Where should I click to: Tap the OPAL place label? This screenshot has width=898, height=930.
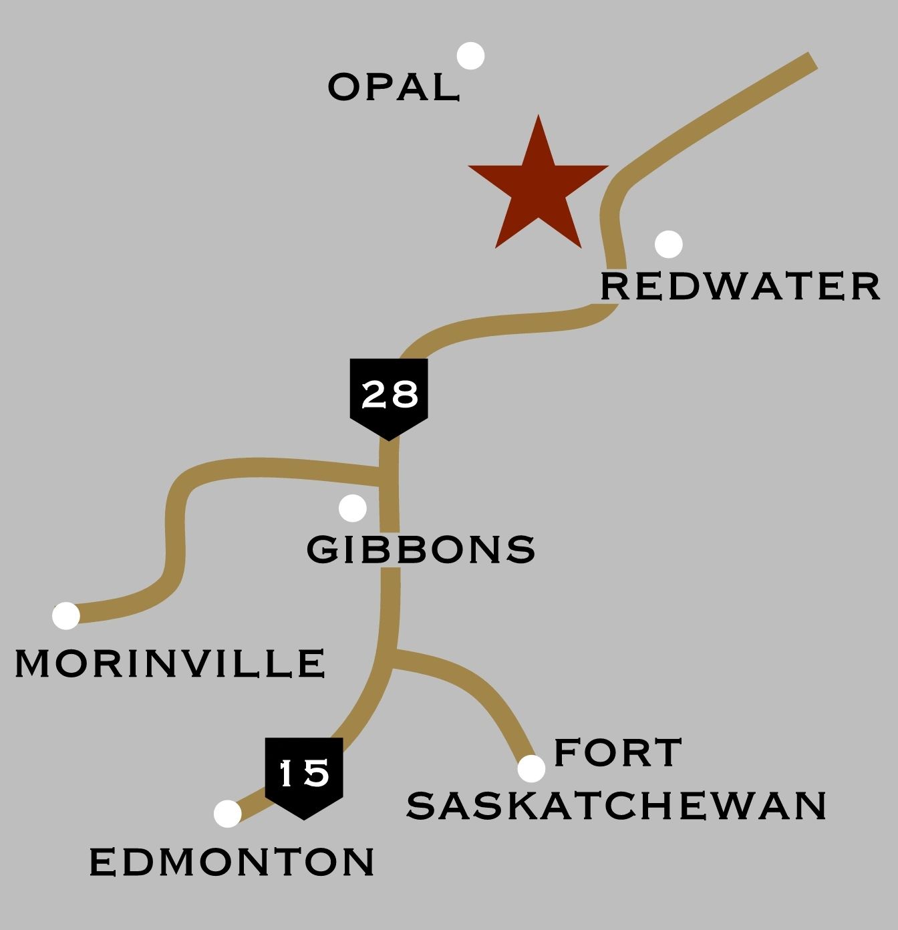click(394, 88)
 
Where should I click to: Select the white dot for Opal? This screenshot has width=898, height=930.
click(471, 56)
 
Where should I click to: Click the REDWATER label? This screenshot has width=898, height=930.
click(740, 287)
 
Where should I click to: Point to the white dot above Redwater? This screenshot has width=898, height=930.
click(669, 245)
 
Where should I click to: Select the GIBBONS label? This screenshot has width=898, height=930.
click(421, 549)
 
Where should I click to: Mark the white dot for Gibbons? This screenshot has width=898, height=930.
click(353, 508)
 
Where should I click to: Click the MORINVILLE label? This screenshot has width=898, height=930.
click(170, 663)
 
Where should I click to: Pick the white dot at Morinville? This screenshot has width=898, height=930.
click(66, 615)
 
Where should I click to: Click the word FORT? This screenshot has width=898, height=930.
click(618, 752)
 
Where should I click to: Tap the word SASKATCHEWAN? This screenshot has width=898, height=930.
click(617, 805)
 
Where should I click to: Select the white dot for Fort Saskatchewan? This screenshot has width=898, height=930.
click(531, 769)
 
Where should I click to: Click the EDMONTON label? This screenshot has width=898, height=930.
click(232, 862)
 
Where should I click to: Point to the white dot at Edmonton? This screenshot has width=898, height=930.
click(228, 814)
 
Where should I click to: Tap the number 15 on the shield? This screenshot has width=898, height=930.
click(304, 773)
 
